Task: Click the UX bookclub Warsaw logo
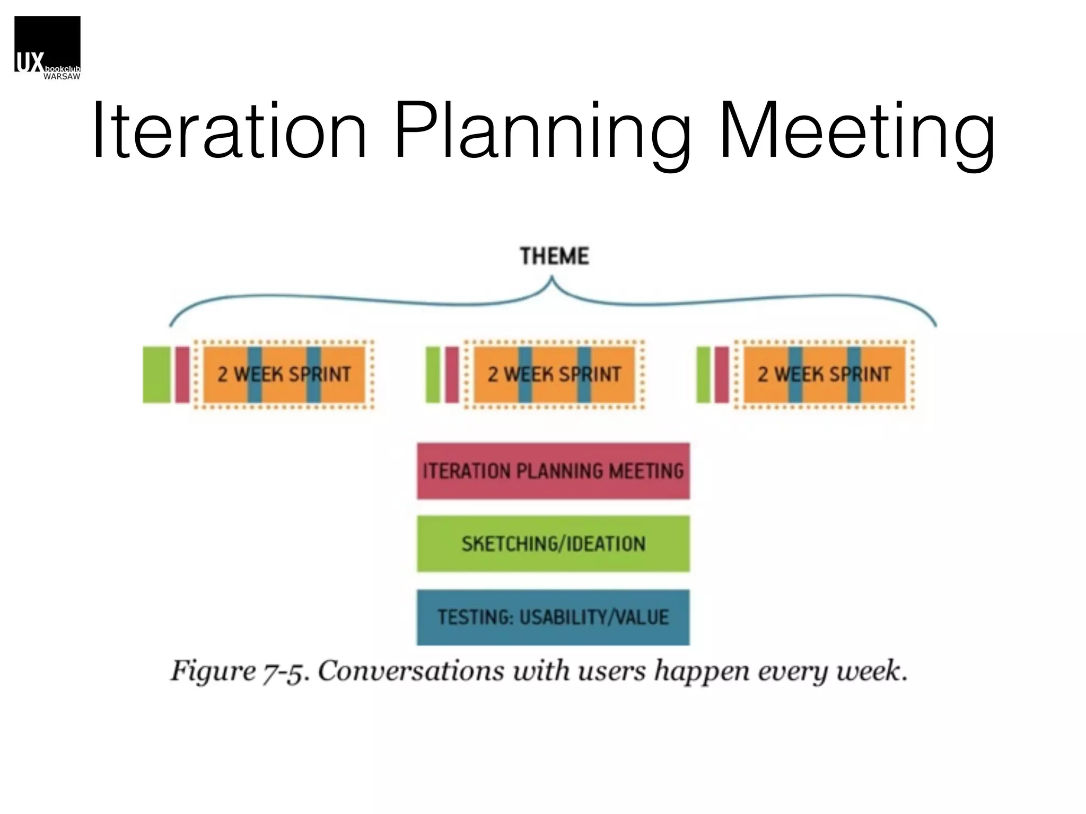click(47, 48)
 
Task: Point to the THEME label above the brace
click(554, 256)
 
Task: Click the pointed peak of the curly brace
click(552, 278)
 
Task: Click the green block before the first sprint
click(156, 374)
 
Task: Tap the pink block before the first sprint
click(182, 374)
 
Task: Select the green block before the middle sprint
click(433, 374)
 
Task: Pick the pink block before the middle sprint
click(452, 374)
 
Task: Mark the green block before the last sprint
click(703, 374)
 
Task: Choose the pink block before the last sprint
click(722, 374)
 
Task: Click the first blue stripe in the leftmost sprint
click(255, 374)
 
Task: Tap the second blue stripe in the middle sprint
click(584, 374)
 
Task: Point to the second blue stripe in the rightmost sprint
click(854, 374)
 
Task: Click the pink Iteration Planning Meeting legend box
click(553, 471)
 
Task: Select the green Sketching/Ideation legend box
click(553, 544)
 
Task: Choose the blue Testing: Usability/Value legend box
click(553, 617)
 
